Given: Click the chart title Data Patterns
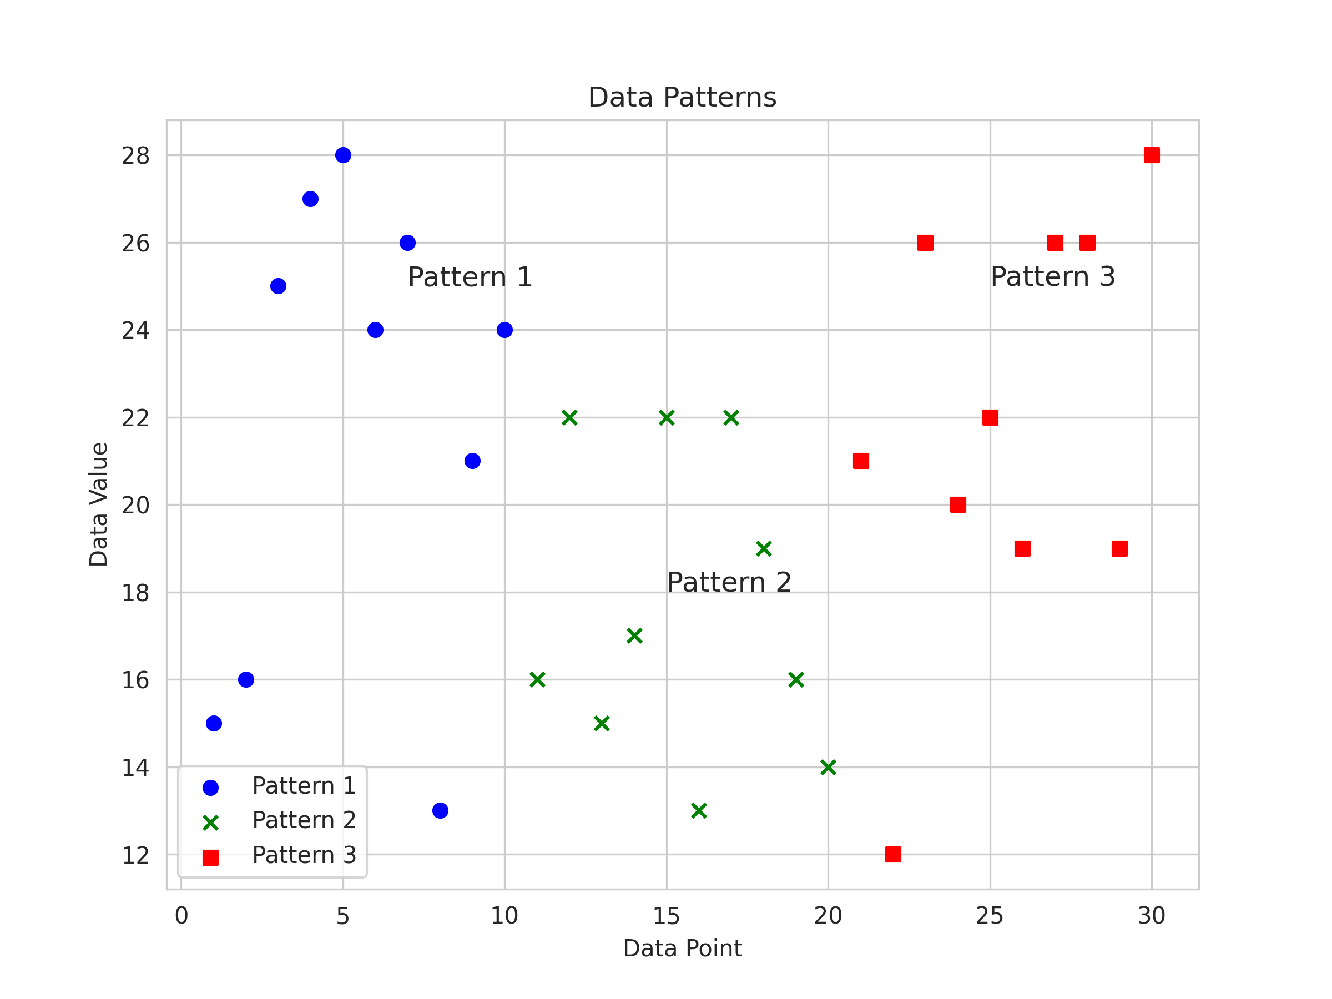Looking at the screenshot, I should [682, 98].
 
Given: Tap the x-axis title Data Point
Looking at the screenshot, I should [682, 948].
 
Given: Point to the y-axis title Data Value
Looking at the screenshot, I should [98, 504].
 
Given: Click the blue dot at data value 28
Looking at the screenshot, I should [343, 155].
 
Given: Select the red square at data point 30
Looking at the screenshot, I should [1152, 155].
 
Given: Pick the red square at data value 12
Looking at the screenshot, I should [893, 854].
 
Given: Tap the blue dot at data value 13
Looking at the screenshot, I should [440, 810].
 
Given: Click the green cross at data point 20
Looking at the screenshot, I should [828, 767].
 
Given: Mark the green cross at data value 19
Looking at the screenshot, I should [764, 548].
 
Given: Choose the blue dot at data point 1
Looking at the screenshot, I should [214, 723].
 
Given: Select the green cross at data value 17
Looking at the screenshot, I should [634, 636].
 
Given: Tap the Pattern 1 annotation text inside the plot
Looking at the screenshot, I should [470, 277].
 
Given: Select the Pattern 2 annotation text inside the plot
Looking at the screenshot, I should [729, 583].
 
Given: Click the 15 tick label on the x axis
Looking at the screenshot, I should [666, 916].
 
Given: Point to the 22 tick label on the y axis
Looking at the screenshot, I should [135, 418].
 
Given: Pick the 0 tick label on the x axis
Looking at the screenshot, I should [181, 916].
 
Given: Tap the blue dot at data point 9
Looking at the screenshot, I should [473, 461].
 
